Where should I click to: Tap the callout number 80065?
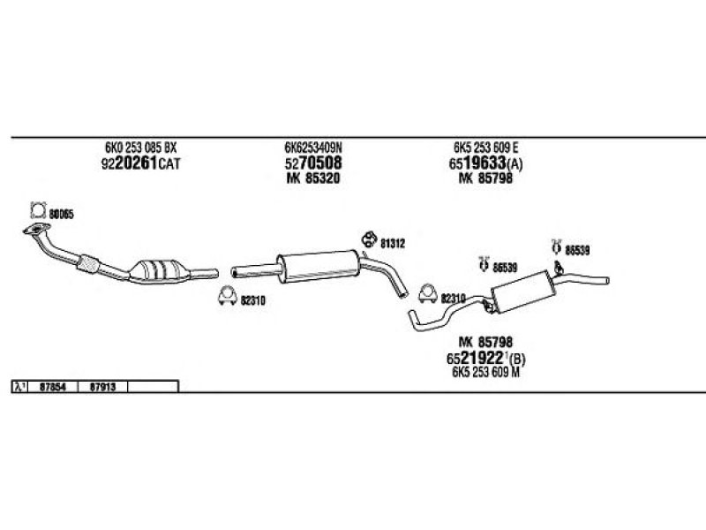point(61,213)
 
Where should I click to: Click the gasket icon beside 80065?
point(37,210)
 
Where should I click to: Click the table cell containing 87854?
point(55,387)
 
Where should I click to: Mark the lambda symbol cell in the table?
point(19,387)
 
